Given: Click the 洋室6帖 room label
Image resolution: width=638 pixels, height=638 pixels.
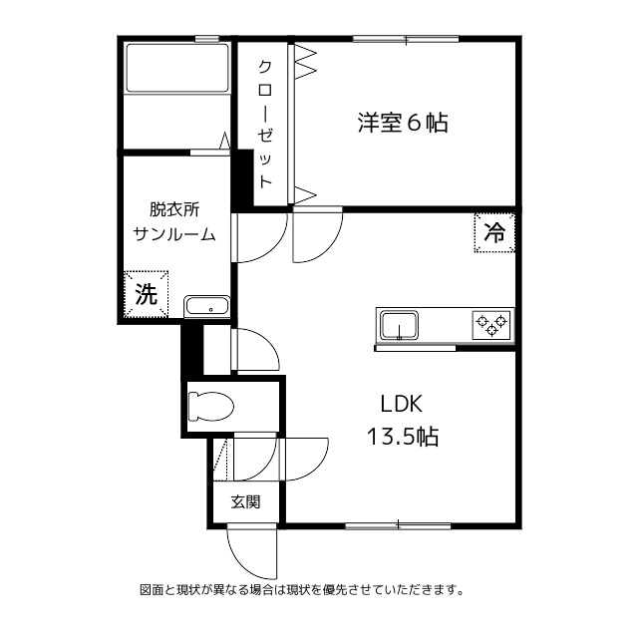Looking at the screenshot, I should click(403, 124).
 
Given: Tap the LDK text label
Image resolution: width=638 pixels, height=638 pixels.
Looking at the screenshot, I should click(403, 404).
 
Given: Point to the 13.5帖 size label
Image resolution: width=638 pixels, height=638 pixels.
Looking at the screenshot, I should click(403, 437).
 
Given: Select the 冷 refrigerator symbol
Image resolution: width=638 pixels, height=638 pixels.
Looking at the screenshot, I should click(493, 234).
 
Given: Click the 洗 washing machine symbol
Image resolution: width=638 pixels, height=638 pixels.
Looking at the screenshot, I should click(146, 294).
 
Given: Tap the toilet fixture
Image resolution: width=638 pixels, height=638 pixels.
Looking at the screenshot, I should click(210, 406).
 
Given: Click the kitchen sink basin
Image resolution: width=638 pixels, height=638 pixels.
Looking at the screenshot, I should click(399, 325).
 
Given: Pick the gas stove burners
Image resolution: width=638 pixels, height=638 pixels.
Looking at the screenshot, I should click(491, 324).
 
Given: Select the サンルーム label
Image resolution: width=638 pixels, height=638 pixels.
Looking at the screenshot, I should click(174, 234).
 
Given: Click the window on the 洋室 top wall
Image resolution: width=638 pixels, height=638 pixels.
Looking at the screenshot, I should click(405, 40).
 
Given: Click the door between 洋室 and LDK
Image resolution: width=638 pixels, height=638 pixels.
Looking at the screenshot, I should click(317, 235).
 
